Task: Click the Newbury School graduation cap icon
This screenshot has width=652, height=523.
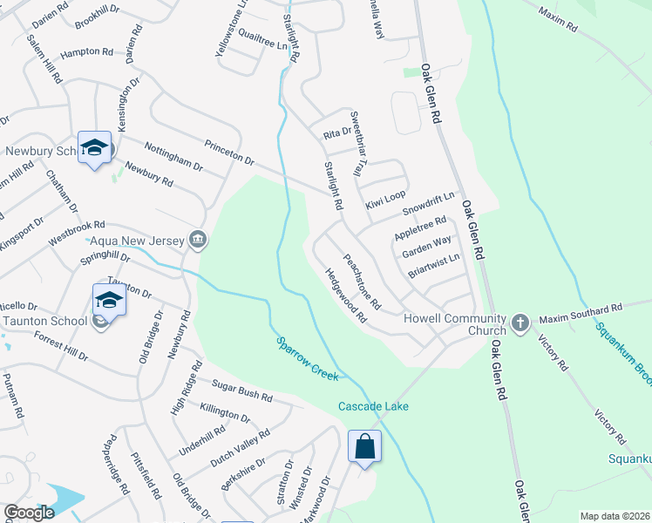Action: tap(94, 148)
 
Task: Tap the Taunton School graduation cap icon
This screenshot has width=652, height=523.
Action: tap(109, 301)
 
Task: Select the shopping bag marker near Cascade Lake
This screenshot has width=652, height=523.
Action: tap(365, 447)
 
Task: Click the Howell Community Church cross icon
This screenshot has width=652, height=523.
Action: tap(520, 323)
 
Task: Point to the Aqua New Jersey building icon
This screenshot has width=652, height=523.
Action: tap(198, 240)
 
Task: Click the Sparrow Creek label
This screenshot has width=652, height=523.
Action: tap(307, 358)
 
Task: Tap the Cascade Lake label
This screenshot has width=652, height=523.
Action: tap(373, 406)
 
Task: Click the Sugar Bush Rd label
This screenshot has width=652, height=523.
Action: tap(242, 390)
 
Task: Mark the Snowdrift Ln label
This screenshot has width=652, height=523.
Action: tap(429, 205)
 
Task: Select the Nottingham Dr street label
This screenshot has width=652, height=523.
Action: tap(173, 156)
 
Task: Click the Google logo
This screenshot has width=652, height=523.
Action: tap(28, 513)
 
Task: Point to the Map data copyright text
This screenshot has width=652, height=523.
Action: tap(614, 515)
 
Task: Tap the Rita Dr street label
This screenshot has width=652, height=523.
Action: tap(336, 132)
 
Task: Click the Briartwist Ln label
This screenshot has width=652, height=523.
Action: tap(433, 266)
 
